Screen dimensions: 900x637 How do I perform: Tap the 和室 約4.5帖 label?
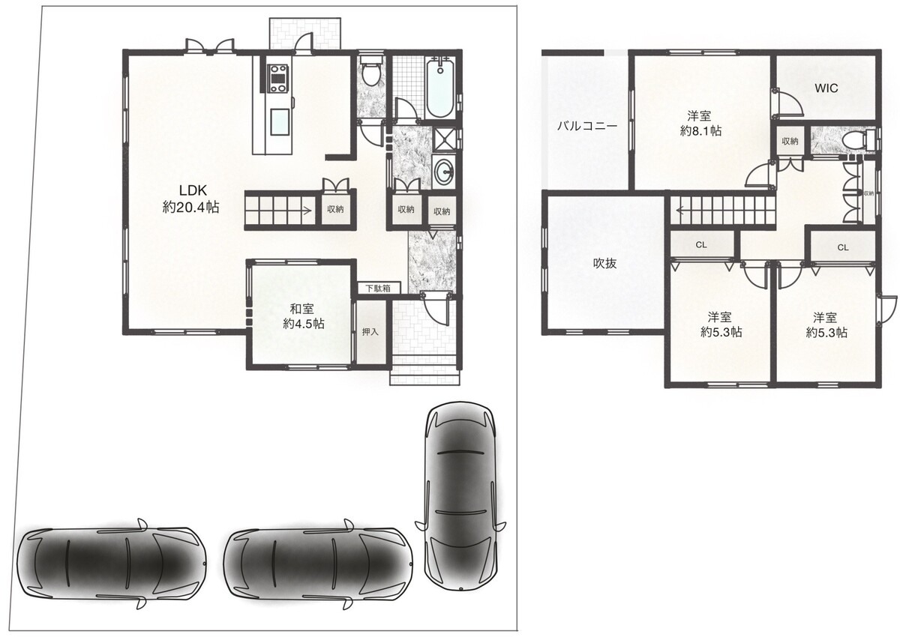point(303,316)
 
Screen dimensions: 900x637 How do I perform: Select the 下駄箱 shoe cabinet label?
point(378,289)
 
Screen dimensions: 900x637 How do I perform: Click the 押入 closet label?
point(370,332)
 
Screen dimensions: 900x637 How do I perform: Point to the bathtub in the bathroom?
point(440,88)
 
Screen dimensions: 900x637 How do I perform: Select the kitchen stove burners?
point(277,79)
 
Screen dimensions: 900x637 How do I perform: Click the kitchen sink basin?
point(280,121)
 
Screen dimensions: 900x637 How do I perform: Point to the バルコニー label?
point(586,127)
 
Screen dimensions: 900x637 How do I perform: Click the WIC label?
point(826,88)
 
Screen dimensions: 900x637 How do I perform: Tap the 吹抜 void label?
point(604,263)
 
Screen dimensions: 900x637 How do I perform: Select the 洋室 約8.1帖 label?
point(700,123)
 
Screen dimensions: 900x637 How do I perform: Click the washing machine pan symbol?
point(443,139)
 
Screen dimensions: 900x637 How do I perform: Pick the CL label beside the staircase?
point(701,245)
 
